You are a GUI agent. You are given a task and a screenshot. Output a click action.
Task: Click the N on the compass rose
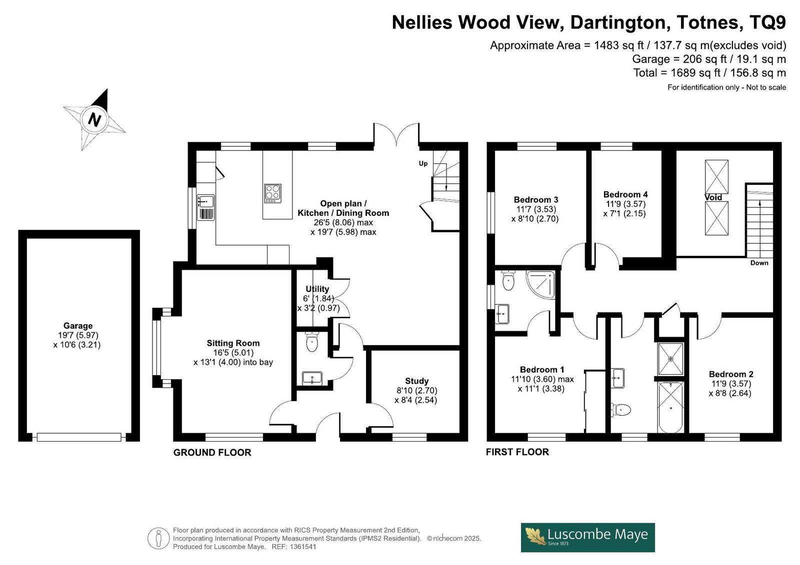click(94, 119)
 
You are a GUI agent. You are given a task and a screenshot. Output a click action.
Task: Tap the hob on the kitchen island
click(273, 193)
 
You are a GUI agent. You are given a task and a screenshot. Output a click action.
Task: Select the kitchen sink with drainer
click(205, 207)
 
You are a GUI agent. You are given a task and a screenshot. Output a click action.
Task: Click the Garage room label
click(78, 326)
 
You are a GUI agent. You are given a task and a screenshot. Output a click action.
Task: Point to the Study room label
click(417, 381)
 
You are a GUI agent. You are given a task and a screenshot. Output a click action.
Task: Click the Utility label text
click(317, 289)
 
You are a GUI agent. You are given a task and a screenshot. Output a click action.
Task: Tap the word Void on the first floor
click(713, 197)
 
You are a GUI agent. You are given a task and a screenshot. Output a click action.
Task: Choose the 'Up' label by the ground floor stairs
click(423, 163)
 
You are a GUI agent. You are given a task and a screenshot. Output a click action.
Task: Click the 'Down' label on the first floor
click(759, 263)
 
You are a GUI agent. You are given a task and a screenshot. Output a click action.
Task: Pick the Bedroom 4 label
click(625, 194)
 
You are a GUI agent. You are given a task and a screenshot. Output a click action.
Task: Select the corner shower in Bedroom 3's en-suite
click(540, 285)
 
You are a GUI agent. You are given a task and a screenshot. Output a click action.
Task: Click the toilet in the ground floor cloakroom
click(312, 342)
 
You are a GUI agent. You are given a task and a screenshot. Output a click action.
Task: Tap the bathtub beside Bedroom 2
click(670, 407)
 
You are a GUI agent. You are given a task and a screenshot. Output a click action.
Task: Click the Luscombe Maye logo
click(588, 538)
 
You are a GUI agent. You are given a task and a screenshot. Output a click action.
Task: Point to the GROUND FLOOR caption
click(212, 453)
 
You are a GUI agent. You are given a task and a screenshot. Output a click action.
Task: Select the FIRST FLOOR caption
click(517, 452)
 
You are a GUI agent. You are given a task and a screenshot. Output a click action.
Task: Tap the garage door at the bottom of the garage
click(79, 437)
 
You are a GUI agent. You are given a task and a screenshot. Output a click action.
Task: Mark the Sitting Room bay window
click(156, 348)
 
